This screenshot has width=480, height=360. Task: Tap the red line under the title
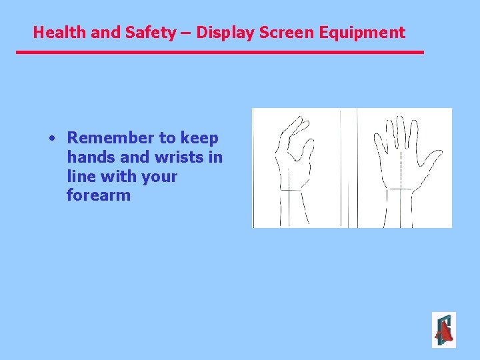click(220, 52)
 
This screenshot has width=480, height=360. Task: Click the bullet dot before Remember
click(51, 139)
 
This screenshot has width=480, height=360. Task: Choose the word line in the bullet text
click(80, 177)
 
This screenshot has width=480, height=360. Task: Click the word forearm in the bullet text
click(99, 196)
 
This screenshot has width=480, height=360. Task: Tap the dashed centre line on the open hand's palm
click(401, 167)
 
